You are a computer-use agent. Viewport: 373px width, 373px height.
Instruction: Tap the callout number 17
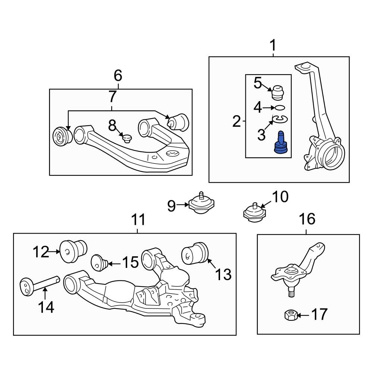click(319, 314)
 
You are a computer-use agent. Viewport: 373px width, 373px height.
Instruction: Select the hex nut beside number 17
click(290, 316)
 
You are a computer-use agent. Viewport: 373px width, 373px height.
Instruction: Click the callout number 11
click(138, 220)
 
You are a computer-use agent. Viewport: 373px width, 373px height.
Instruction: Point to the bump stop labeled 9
click(201, 204)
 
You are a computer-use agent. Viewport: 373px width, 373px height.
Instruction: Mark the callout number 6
click(117, 76)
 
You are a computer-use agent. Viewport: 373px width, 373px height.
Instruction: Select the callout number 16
click(307, 219)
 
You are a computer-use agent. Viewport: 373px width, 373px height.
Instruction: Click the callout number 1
click(273, 46)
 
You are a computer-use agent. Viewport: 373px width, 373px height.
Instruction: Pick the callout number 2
click(236, 121)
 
